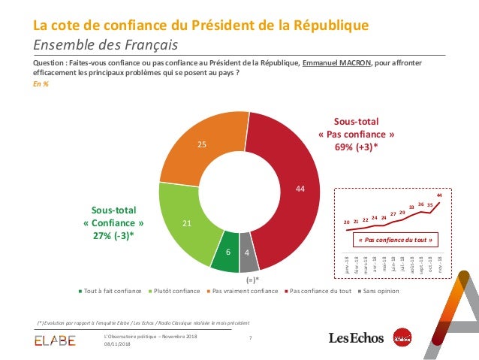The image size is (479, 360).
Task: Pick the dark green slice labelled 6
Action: click(x=226, y=253)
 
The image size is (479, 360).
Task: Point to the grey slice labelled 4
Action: click(x=248, y=254)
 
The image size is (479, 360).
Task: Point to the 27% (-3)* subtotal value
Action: click(x=113, y=236)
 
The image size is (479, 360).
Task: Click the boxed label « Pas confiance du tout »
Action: click(x=394, y=241)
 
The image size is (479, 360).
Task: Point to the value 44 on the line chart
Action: click(x=439, y=195)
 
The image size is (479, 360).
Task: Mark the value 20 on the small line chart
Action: click(x=346, y=222)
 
